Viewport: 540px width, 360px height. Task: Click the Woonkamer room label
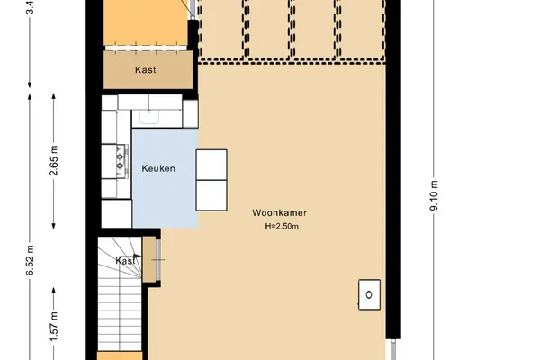coord(279,213)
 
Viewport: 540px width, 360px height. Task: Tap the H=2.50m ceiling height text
coord(282,226)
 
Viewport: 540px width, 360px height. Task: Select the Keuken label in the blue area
coord(158,168)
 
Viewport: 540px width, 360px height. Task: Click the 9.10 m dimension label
coord(434,195)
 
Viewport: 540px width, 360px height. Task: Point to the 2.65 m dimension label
coord(54,161)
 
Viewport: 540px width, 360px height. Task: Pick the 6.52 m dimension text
coord(30,260)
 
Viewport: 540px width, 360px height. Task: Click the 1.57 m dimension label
coord(54,327)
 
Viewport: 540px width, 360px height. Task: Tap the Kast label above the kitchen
coord(145,70)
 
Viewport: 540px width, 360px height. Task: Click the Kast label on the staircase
coord(125,261)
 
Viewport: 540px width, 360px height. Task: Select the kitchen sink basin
coord(149,116)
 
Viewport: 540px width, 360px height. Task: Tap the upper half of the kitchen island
coord(211,165)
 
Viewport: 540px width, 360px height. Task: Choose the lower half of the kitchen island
coord(211,195)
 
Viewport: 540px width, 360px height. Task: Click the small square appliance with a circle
coord(369,294)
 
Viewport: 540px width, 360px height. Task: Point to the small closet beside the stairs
coord(149,259)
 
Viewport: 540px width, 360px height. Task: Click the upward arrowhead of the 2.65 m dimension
coord(54,96)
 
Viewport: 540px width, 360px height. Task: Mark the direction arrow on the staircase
coord(137,256)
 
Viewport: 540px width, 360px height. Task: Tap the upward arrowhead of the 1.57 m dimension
coord(54,290)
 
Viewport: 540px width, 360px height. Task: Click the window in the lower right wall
coord(393,350)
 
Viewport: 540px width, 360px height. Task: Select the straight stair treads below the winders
coord(120,314)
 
